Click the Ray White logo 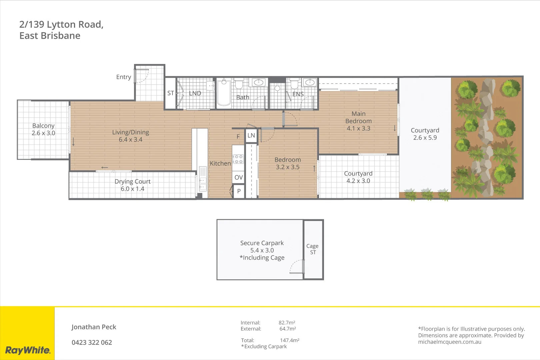(x=28, y=350)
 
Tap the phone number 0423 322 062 (x=92, y=342)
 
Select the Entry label (x=123, y=77)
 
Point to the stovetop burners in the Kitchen (x=238, y=159)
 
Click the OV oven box (x=238, y=177)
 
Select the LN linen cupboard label (x=251, y=136)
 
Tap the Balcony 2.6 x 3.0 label (x=43, y=129)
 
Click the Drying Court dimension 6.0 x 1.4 (x=132, y=189)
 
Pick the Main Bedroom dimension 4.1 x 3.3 (x=358, y=128)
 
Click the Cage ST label (x=312, y=249)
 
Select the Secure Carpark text (x=262, y=243)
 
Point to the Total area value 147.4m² (x=289, y=340)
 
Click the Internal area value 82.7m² (x=287, y=323)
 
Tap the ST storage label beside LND (x=171, y=93)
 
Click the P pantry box (x=239, y=191)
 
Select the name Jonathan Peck (x=94, y=327)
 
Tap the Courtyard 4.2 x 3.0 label (x=358, y=177)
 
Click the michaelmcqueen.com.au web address (x=449, y=342)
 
